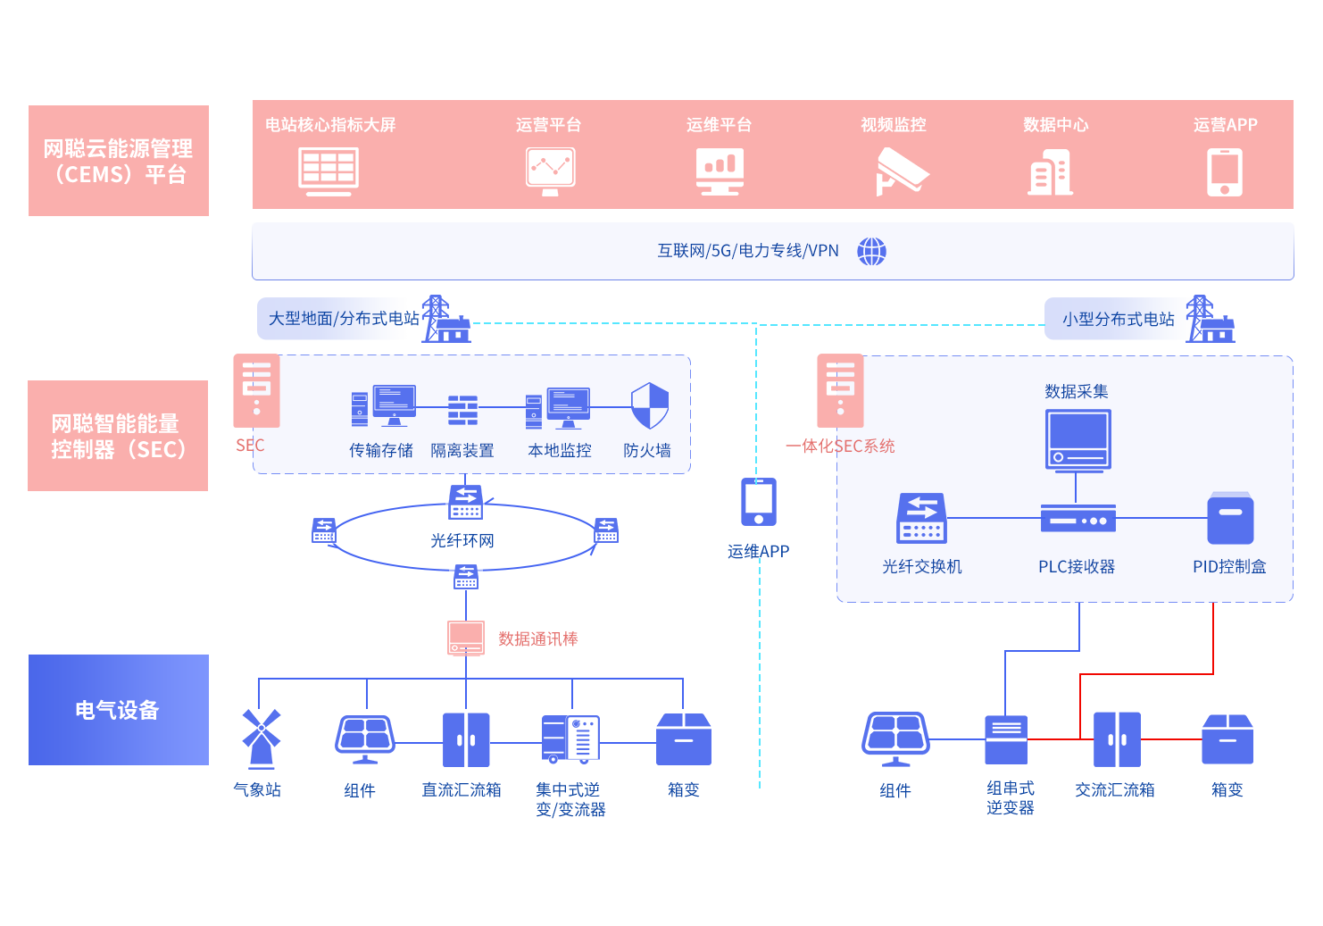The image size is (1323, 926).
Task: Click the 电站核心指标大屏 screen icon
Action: [329, 171]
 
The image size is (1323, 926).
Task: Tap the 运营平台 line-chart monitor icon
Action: [550, 171]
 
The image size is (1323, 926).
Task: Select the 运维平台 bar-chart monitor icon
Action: [720, 171]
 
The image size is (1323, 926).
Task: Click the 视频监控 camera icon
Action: [901, 171]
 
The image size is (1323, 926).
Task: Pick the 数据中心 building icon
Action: [1051, 172]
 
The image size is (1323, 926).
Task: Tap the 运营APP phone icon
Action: [1225, 171]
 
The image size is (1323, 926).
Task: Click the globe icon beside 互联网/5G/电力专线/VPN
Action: [871, 251]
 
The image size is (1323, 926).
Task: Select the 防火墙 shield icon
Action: [649, 406]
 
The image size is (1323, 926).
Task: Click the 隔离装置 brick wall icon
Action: [462, 410]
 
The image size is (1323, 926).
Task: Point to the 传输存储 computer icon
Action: [384, 406]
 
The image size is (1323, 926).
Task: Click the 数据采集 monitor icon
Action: [1078, 439]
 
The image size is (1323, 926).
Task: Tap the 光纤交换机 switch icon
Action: [921, 518]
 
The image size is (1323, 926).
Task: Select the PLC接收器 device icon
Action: [1078, 519]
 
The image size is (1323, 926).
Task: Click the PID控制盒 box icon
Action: [1230, 518]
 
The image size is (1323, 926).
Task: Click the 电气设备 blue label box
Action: [118, 709]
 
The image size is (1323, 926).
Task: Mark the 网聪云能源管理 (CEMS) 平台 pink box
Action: [118, 160]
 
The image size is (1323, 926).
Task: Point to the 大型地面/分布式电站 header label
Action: [344, 319]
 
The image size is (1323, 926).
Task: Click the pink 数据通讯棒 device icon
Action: [465, 638]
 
